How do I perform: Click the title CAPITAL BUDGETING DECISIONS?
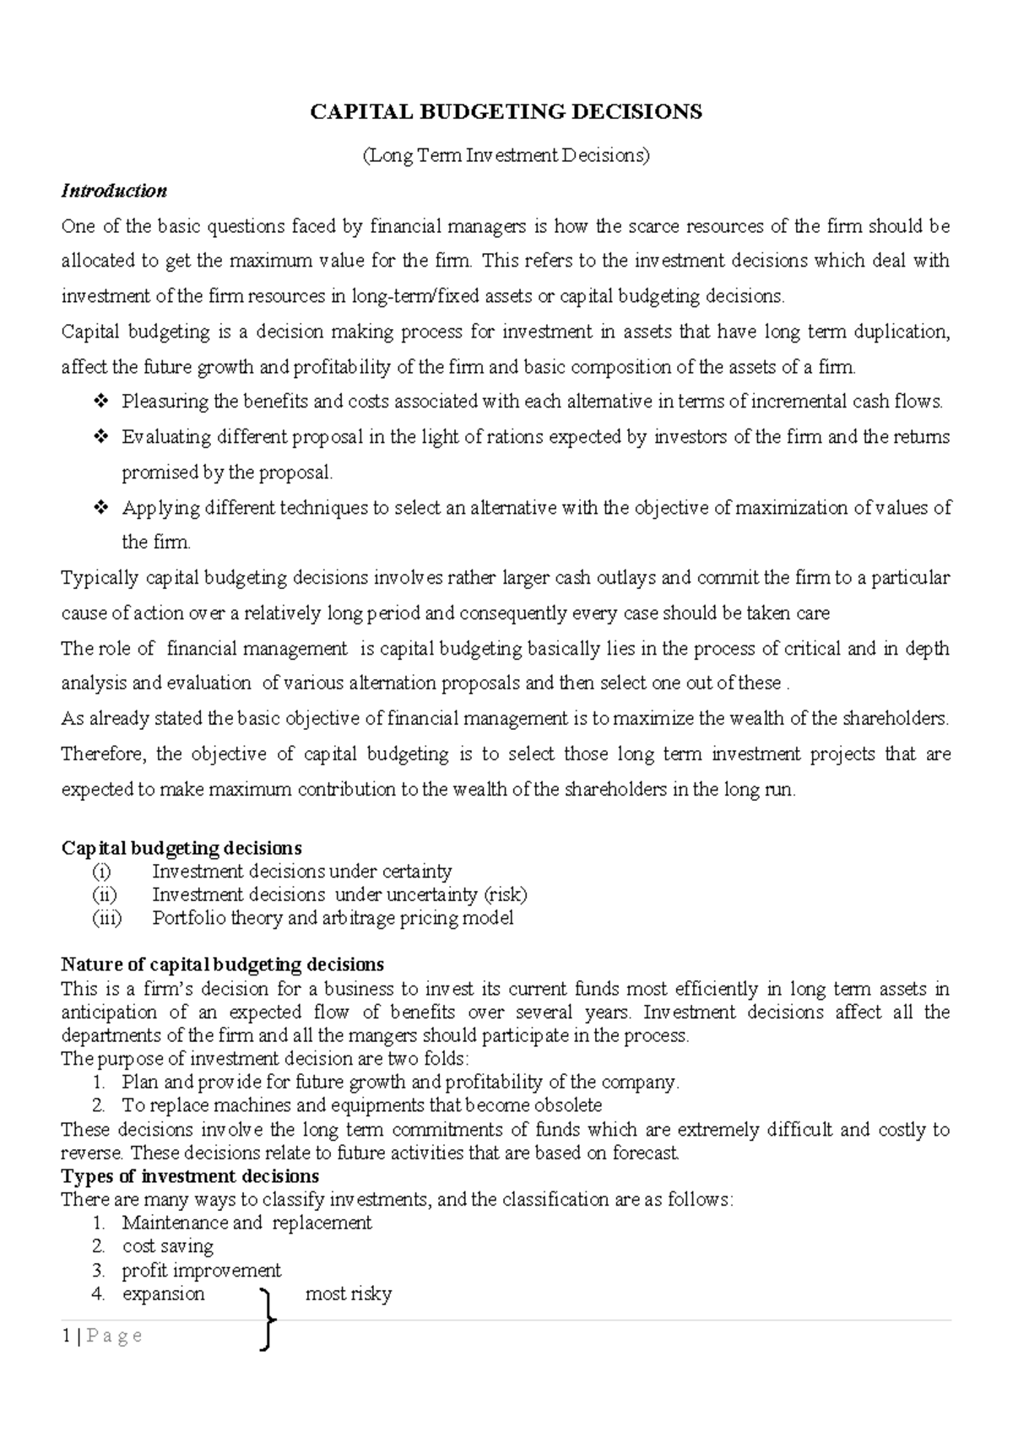click(x=506, y=112)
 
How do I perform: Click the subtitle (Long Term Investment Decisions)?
click(x=506, y=155)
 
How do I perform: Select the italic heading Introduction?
click(x=114, y=191)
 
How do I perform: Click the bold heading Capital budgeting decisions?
click(x=181, y=848)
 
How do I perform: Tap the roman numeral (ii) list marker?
click(x=105, y=894)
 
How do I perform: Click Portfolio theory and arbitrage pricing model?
click(x=333, y=918)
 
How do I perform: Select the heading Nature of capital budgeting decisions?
click(x=223, y=964)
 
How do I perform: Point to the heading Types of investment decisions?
click(x=190, y=1176)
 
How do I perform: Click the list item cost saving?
click(x=167, y=1246)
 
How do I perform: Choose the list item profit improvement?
click(x=201, y=1270)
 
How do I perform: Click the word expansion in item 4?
click(x=163, y=1293)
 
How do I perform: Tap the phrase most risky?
click(x=348, y=1293)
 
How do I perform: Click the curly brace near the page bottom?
click(x=268, y=1320)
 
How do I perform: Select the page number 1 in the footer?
click(x=65, y=1336)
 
